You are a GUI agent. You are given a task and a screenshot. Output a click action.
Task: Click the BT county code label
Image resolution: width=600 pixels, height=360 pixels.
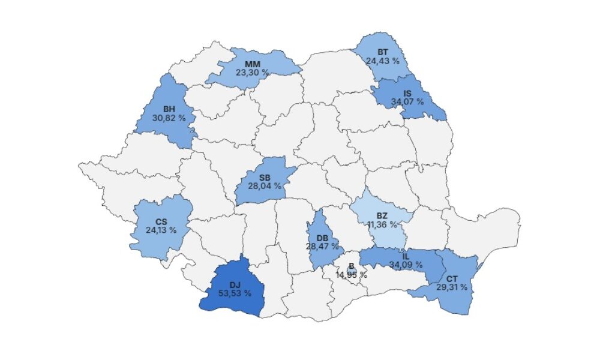point(382,52)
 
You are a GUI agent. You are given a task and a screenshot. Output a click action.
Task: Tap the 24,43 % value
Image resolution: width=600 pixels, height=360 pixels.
point(382,61)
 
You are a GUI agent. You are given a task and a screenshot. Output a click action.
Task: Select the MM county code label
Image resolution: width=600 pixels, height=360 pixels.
point(252,64)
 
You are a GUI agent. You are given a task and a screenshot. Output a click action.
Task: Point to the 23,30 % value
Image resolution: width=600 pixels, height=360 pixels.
point(252,72)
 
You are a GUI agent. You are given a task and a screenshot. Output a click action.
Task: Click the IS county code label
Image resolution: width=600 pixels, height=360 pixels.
point(407,94)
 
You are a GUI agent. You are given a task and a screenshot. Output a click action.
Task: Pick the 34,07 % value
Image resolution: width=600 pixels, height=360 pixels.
point(407,101)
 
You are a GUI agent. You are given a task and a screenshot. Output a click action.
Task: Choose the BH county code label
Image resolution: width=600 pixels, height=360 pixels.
point(169,110)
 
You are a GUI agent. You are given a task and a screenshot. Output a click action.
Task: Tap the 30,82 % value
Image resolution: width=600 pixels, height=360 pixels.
point(169,118)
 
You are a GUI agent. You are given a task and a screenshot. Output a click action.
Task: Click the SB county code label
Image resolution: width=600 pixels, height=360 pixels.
point(264,178)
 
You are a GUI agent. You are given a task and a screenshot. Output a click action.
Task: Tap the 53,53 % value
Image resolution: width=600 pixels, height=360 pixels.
point(235,293)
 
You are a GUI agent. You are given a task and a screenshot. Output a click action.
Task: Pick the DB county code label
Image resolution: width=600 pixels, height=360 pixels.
point(322,238)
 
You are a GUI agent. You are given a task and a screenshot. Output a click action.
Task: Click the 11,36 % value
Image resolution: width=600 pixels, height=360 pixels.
point(382,225)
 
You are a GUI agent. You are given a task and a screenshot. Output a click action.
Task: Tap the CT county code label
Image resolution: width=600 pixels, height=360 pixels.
point(451,279)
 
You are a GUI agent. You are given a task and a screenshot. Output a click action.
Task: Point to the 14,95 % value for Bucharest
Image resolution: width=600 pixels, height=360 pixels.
point(351,275)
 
